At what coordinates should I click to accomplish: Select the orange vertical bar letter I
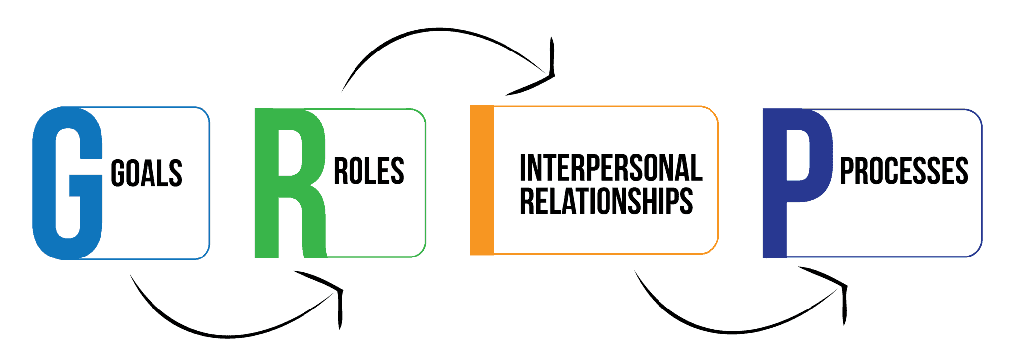pos(482,181)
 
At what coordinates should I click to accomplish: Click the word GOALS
pos(147,173)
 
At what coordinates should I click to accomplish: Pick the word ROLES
pos(369,171)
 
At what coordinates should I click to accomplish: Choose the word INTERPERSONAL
pos(611,168)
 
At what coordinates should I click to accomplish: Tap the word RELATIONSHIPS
pos(606,201)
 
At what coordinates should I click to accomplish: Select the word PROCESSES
pos(904,171)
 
